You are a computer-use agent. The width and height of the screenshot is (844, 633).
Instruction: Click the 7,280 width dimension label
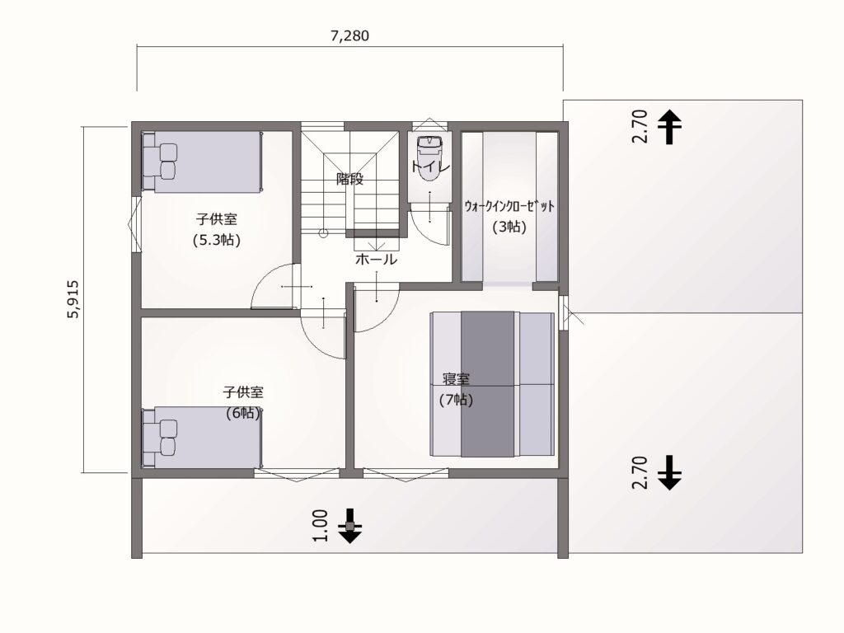pyautogui.click(x=349, y=35)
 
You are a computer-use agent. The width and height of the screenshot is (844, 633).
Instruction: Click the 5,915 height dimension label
pyautogui.click(x=73, y=298)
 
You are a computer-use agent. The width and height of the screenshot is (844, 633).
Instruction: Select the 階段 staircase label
pyautogui.click(x=349, y=178)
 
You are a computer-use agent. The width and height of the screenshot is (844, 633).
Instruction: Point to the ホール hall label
pyautogui.click(x=376, y=260)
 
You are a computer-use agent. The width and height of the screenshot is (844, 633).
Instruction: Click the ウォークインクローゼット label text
pyautogui.click(x=509, y=206)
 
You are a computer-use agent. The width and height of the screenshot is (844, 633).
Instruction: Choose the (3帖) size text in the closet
pyautogui.click(x=509, y=227)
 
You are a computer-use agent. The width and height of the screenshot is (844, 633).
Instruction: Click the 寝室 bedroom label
pyautogui.click(x=456, y=380)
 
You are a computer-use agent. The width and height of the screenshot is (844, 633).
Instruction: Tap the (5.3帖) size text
pyautogui.click(x=217, y=240)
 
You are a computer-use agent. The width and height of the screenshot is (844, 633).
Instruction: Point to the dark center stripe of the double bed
pyautogui.click(x=489, y=384)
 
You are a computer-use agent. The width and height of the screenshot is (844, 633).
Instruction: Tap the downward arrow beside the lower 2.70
pyautogui.click(x=670, y=472)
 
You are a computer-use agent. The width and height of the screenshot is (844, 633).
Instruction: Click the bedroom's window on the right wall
pyautogui.click(x=564, y=313)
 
